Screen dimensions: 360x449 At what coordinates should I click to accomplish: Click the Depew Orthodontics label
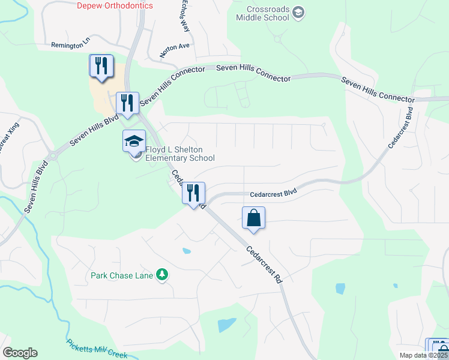pos(115,6)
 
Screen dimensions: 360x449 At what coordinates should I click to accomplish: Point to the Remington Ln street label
pos(70,45)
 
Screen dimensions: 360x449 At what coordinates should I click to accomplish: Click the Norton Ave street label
pos(175,50)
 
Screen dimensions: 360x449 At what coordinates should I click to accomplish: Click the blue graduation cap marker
pos(134,142)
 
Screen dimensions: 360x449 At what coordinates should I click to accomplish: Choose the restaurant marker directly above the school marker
pos(127,103)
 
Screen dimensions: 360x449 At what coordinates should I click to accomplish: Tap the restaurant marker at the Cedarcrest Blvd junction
pos(193,194)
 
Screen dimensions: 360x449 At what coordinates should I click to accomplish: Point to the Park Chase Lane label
pos(122,276)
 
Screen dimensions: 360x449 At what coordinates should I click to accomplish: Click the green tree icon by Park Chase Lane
pos(161,275)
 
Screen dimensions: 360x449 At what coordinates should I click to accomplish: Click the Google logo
pos(20,353)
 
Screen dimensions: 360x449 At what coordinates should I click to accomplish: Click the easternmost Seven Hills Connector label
pos(378,89)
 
